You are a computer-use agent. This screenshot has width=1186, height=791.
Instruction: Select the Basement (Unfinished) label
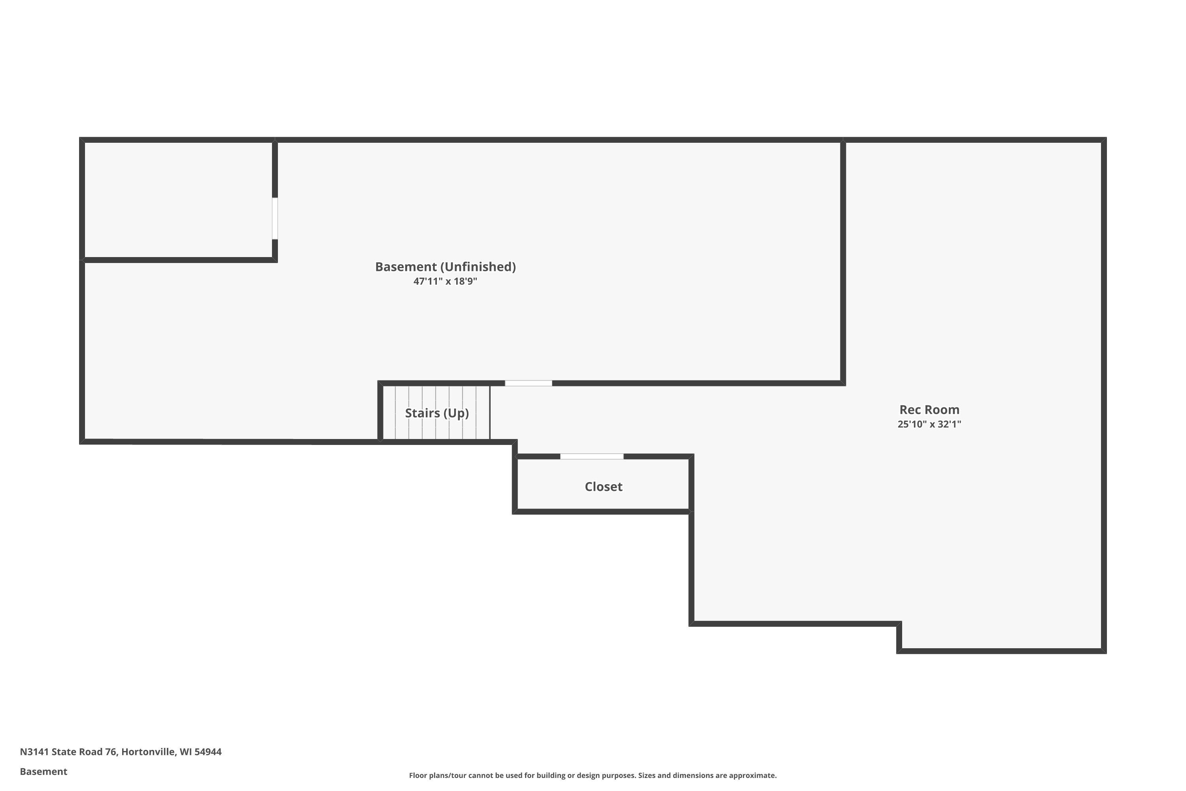(445, 267)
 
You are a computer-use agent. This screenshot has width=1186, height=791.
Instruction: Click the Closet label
(604, 487)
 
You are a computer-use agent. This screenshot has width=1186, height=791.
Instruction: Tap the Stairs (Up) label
(437, 413)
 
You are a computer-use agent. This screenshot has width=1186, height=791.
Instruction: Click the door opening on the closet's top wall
(592, 456)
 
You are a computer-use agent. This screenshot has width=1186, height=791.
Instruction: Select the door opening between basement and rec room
(529, 383)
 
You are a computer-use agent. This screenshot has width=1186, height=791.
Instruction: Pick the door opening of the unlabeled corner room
(275, 218)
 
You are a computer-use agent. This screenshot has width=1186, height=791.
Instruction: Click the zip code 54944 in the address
(208, 752)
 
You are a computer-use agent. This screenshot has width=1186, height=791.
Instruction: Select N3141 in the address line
(34, 752)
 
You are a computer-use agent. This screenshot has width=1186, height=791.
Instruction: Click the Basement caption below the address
(43, 771)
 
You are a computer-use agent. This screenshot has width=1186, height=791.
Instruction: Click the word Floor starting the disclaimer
(418, 775)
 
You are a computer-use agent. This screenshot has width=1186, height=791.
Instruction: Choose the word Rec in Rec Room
(910, 410)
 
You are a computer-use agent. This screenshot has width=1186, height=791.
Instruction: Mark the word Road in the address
(91, 752)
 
